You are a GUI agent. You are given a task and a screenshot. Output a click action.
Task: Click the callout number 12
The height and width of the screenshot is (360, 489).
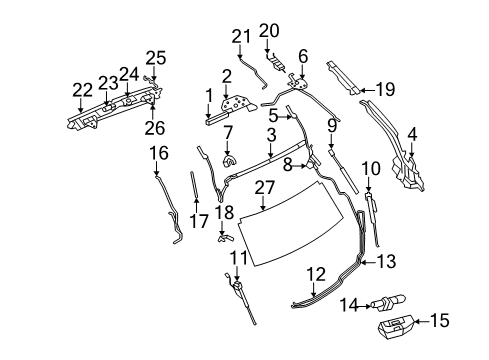pos(316,273)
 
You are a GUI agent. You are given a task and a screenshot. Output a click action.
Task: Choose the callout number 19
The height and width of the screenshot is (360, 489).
pos(385,89)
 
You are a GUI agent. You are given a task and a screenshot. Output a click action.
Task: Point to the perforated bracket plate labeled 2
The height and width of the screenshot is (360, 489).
pos(236,108)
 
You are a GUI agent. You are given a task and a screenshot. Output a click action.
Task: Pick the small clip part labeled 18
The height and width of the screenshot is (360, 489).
pos(224,237)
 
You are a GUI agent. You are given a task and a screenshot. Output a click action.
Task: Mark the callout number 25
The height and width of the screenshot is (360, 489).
pos(153,57)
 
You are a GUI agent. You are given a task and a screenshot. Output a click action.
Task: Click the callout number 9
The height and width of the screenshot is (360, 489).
pos(330,125)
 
